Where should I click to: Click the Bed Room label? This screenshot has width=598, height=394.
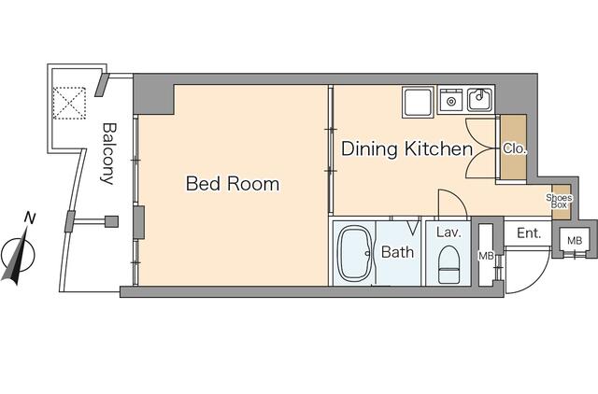tap(233, 184)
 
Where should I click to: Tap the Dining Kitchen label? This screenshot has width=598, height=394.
tap(407, 148)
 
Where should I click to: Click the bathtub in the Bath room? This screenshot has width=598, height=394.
tap(355, 253)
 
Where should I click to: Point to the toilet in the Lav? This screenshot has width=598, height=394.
tap(448, 264)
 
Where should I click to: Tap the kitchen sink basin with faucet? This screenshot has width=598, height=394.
tap(479, 100)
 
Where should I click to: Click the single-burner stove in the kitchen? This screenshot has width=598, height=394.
tap(451, 101)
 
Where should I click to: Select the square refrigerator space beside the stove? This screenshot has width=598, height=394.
tap(419, 102)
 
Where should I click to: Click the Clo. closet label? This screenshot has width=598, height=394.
tap(515, 148)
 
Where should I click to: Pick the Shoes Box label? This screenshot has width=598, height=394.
tap(559, 201)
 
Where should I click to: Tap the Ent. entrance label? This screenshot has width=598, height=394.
tap(529, 232)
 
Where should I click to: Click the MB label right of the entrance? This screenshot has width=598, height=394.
tap(575, 241)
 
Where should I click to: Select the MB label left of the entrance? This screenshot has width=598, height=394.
tap(486, 256)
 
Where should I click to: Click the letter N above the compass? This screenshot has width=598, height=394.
tap(30, 218)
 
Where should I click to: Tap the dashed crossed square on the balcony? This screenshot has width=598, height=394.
tap(69, 103)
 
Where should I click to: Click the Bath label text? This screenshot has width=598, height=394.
tap(397, 252)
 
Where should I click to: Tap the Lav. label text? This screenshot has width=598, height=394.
tap(448, 232)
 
